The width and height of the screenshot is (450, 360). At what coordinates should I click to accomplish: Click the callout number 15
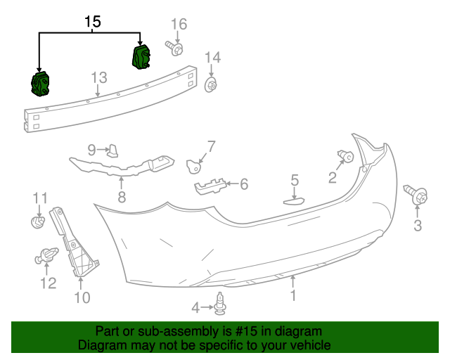93,22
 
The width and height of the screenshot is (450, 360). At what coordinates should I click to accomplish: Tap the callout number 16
179,25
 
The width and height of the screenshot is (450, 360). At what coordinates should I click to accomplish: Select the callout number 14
212,58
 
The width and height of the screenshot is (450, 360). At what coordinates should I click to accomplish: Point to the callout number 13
98,77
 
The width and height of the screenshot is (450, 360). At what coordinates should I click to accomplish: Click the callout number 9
91,149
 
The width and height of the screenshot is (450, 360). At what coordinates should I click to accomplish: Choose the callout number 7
210,146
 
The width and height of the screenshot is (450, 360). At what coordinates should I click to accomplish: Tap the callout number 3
417,225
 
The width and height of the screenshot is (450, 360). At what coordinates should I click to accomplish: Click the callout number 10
82,297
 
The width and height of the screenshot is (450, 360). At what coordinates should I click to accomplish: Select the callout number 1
292,296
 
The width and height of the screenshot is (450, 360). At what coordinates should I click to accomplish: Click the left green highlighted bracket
41,84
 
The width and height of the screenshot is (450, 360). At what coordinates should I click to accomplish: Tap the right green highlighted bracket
143,57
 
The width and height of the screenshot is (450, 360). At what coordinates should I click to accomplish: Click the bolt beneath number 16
175,48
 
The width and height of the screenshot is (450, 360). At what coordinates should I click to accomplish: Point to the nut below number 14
210,86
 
